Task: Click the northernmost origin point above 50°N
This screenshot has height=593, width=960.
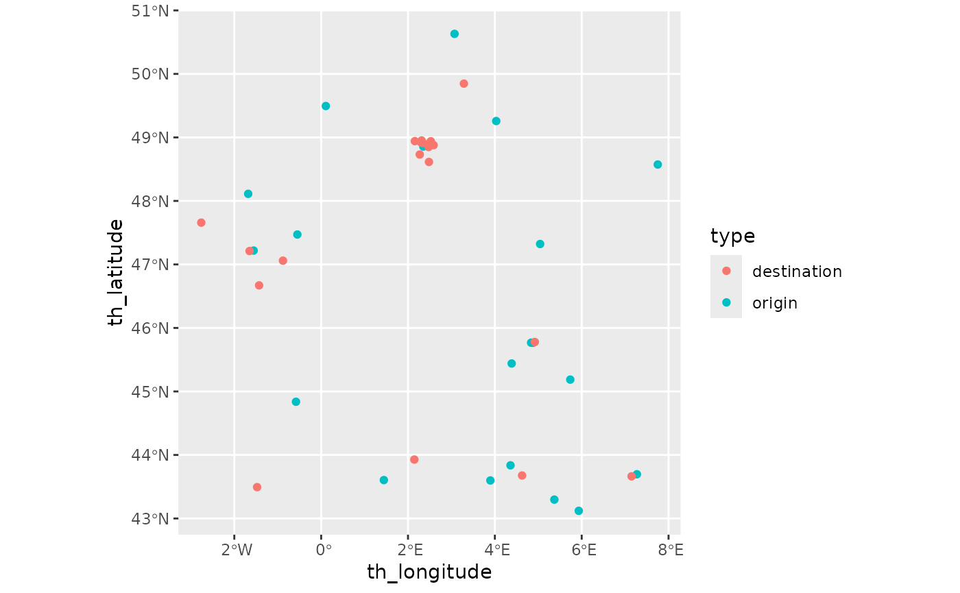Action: tap(454, 34)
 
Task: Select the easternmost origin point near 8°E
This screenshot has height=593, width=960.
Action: tap(658, 165)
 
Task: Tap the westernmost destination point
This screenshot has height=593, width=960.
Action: tap(201, 223)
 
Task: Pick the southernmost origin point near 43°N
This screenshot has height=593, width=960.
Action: tap(579, 511)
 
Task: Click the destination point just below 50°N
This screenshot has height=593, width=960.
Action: tap(464, 84)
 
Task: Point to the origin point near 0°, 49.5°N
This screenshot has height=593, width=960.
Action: tap(326, 106)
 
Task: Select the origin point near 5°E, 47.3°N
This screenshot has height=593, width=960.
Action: tap(540, 244)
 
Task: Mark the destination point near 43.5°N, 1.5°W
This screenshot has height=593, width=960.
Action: tap(257, 487)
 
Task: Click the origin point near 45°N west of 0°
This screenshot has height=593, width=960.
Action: tap(296, 402)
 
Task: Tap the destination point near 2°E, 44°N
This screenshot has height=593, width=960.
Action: tap(414, 459)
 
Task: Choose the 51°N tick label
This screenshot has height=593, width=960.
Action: tap(150, 11)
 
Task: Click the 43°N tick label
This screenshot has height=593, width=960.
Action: tap(150, 519)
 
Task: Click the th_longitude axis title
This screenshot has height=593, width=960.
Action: tap(429, 572)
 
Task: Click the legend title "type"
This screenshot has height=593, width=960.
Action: tap(732, 237)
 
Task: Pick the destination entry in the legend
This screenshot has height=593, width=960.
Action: tap(796, 271)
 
